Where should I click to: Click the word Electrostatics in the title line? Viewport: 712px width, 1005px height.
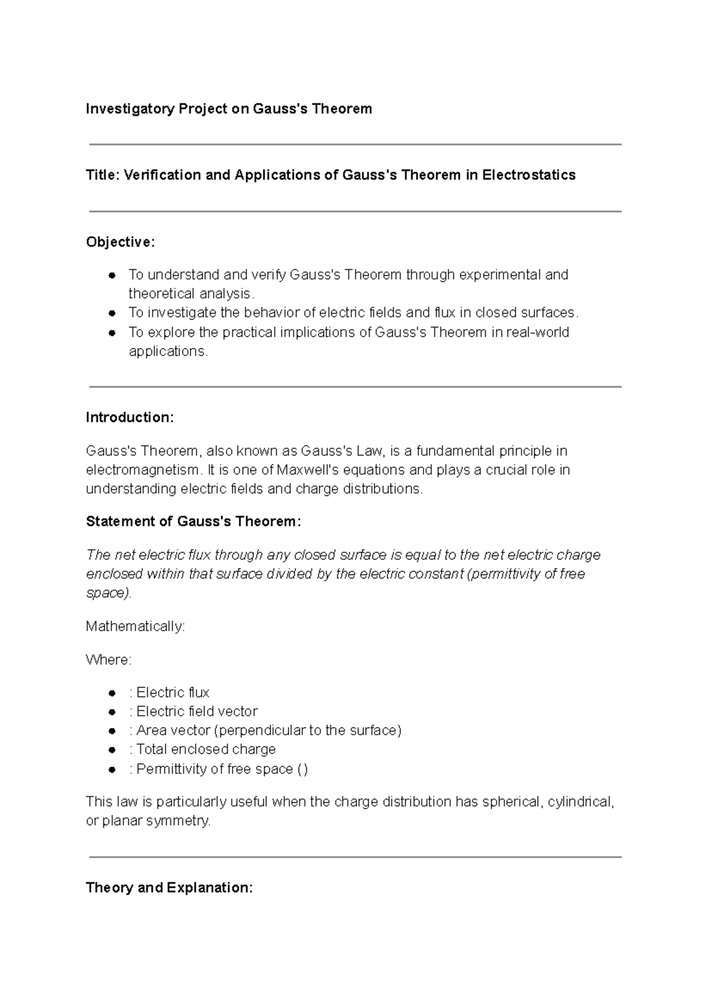click(x=529, y=175)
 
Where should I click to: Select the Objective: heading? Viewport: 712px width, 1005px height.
click(x=120, y=242)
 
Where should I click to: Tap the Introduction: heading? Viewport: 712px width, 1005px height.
click(x=130, y=418)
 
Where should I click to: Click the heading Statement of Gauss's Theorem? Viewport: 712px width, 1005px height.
click(x=193, y=521)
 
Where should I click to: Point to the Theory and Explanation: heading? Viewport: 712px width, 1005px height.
click(x=169, y=888)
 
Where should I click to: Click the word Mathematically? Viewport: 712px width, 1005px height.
click(x=135, y=626)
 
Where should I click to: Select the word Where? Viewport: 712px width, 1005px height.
click(x=109, y=660)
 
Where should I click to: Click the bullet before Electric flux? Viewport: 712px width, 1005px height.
click(x=112, y=693)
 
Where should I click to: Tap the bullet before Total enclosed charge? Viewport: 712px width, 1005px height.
click(x=112, y=750)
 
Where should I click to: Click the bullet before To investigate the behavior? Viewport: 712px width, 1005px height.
click(x=112, y=313)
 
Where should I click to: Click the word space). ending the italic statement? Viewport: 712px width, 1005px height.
click(x=109, y=593)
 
